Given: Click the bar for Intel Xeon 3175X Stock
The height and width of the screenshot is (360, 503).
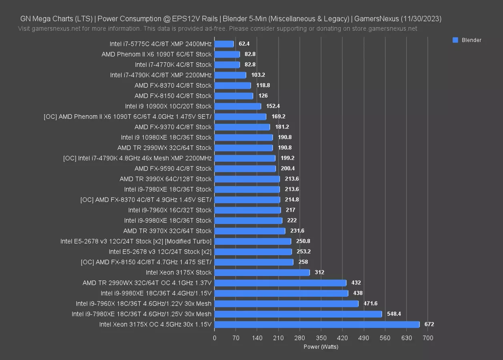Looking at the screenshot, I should [x=262, y=272].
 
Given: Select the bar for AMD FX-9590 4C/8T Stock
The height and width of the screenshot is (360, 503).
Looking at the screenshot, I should [x=245, y=168].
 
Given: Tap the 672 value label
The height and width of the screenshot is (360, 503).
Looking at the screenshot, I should [x=429, y=324].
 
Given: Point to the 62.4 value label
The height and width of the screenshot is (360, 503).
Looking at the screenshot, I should [x=244, y=44].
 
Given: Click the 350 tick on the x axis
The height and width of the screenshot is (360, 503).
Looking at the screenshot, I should [x=321, y=338].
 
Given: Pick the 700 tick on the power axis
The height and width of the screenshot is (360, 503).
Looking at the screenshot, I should [x=428, y=338].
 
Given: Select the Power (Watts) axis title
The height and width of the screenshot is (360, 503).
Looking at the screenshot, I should [x=321, y=347].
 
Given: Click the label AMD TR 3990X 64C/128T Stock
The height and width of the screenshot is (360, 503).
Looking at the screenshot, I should [x=165, y=179].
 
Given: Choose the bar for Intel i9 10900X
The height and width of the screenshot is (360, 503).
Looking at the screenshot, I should [x=238, y=106].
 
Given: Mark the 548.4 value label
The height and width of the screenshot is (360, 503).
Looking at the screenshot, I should [x=394, y=314].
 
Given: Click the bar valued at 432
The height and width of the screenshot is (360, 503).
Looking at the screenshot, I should [x=280, y=283].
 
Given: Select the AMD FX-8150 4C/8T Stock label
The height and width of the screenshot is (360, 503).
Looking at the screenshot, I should [x=173, y=96].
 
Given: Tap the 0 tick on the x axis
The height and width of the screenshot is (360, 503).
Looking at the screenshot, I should [x=214, y=338].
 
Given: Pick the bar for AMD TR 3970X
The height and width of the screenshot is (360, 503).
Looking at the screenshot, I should [x=250, y=231].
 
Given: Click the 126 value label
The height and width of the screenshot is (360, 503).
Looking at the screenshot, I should [x=263, y=96].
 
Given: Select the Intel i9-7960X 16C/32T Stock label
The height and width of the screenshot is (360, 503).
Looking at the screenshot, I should [x=170, y=210].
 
